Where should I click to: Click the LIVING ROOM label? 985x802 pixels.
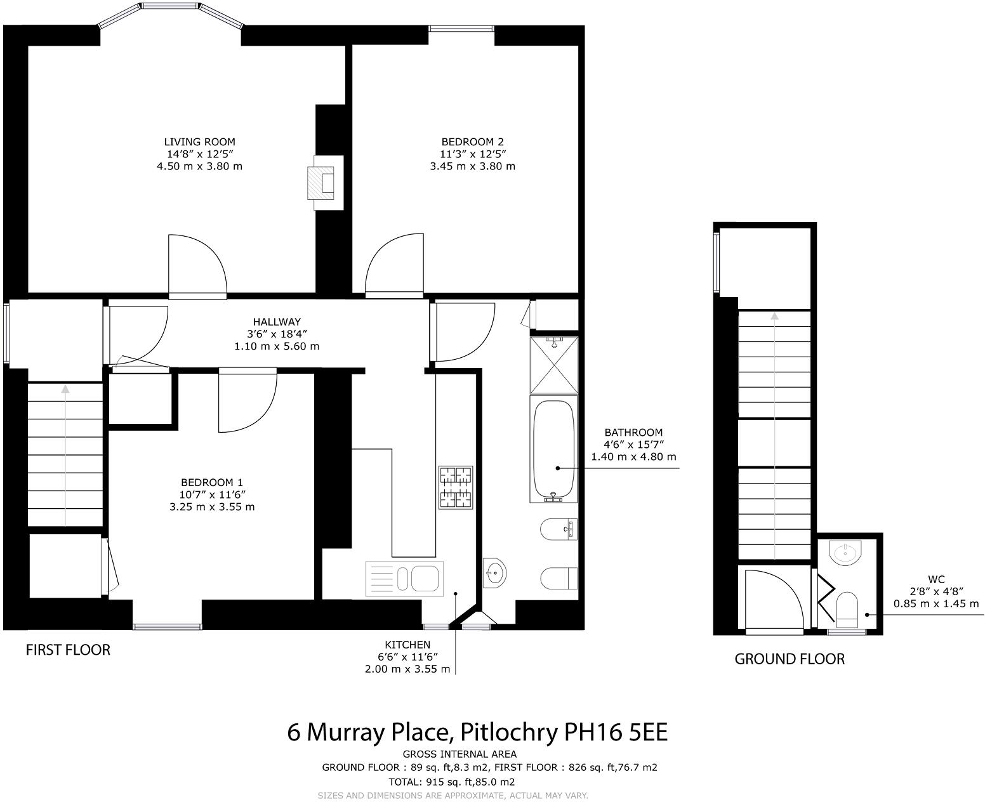pyautogui.click(x=199, y=142)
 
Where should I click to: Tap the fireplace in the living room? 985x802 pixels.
pyautogui.click(x=324, y=183)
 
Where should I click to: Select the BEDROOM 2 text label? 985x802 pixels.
pyautogui.click(x=472, y=142)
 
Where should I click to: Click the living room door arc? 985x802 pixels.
pyautogui.click(x=197, y=265)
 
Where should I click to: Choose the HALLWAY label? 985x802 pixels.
pyautogui.click(x=276, y=322)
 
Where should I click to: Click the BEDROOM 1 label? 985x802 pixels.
pyautogui.click(x=211, y=482)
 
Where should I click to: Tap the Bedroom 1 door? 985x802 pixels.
pyautogui.click(x=248, y=400)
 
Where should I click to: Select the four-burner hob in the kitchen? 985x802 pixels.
pyautogui.click(x=456, y=487)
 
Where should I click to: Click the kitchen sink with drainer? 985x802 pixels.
pyautogui.click(x=404, y=579)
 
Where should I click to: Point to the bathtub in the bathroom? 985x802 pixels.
pyautogui.click(x=553, y=449)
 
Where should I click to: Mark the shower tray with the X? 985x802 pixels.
pyautogui.click(x=555, y=364)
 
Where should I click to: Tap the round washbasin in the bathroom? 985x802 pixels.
pyautogui.click(x=494, y=573)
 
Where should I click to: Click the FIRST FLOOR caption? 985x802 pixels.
pyautogui.click(x=68, y=650)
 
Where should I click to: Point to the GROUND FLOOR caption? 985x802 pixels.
pyautogui.click(x=789, y=659)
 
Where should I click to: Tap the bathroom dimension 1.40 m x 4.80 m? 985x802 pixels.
pyautogui.click(x=633, y=457)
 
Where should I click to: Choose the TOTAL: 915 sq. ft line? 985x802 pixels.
pyautogui.click(x=451, y=782)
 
